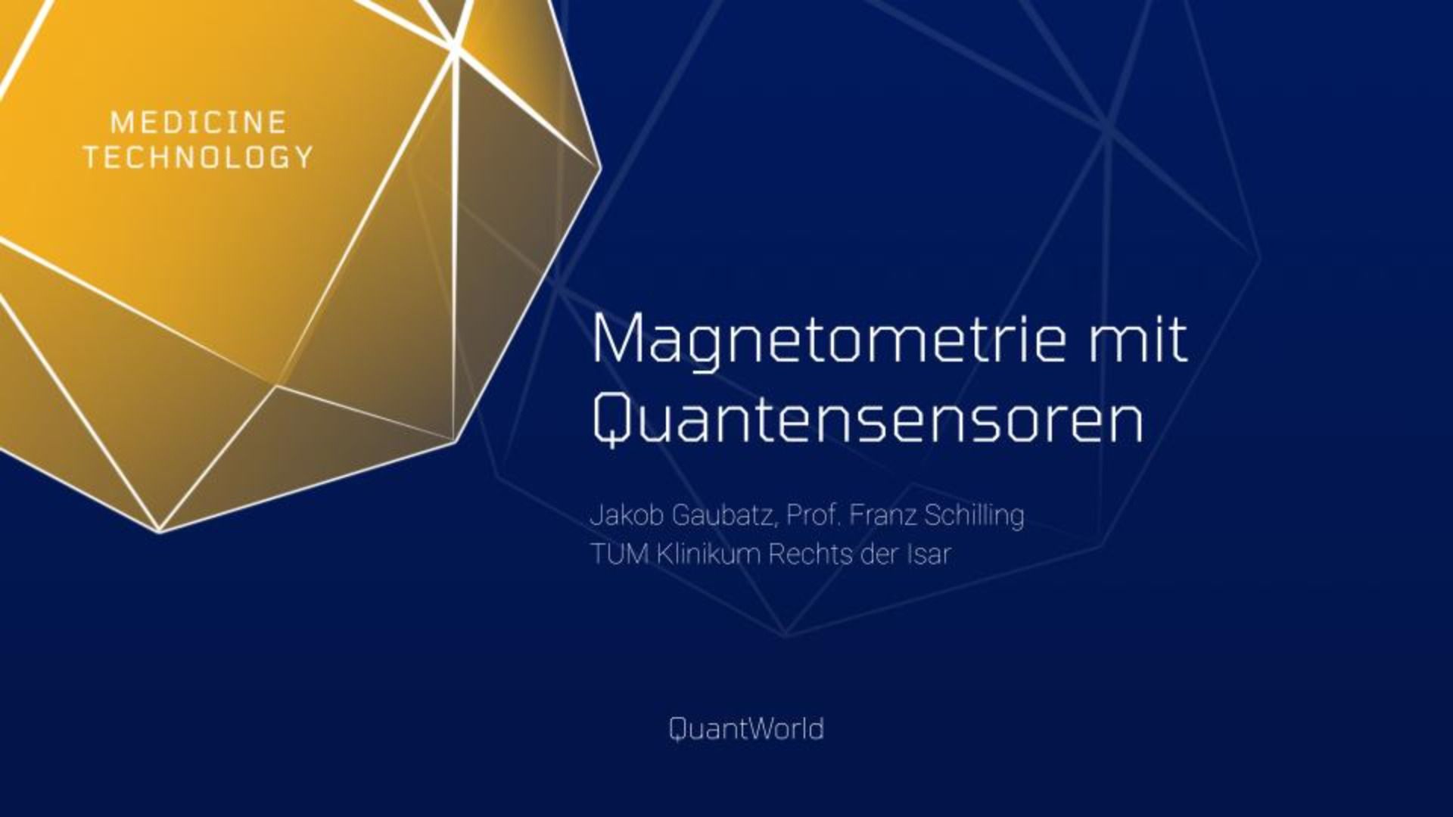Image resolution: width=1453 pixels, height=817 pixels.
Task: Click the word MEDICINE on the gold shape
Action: pyautogui.click(x=198, y=123)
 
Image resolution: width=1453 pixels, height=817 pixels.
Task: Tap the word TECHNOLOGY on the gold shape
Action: pyautogui.click(x=198, y=157)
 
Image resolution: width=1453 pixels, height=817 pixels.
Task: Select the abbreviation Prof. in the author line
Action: pyautogui.click(x=814, y=515)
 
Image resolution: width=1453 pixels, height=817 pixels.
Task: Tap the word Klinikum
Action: pyautogui.click(x=708, y=555)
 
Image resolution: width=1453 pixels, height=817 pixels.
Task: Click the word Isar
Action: pyautogui.click(x=928, y=555)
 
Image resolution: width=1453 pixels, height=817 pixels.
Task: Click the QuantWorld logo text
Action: pyautogui.click(x=746, y=729)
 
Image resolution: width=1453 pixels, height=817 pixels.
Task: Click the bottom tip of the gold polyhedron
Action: pyautogui.click(x=160, y=532)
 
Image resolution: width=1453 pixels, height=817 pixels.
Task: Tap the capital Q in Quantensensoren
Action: pyautogui.click(x=611, y=421)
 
